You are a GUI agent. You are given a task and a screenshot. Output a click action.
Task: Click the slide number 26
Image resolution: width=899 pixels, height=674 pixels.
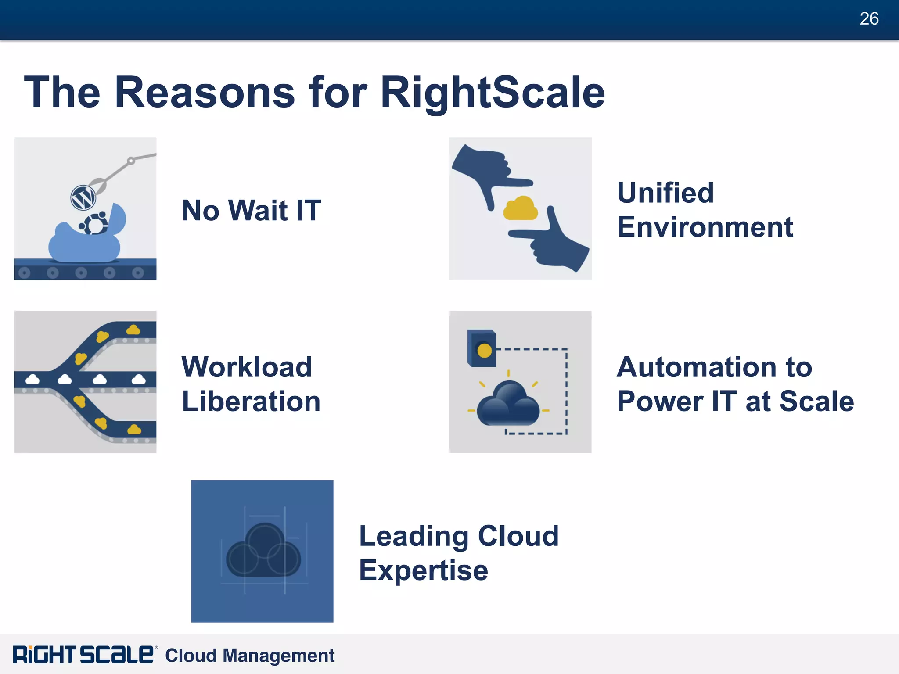click(869, 19)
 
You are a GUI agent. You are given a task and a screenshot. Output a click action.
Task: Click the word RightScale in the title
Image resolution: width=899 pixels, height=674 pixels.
click(493, 92)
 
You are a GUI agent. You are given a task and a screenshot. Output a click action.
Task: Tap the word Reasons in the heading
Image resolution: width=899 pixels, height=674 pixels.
click(205, 92)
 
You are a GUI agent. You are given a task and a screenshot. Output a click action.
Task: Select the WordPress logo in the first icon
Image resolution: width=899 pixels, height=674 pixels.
click(83, 198)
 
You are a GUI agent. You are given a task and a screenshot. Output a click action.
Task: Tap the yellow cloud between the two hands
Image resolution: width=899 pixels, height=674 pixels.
click(520, 208)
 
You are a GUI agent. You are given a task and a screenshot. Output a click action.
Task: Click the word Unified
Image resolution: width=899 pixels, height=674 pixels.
click(665, 193)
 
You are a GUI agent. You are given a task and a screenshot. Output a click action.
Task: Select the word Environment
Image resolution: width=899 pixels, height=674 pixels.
click(705, 227)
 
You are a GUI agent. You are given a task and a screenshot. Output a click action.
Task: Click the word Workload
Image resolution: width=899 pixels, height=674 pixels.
click(247, 367)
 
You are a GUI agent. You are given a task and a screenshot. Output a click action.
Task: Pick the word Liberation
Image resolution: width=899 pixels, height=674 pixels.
click(251, 402)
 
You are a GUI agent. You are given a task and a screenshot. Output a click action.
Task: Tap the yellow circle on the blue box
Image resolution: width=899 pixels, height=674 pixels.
click(484, 351)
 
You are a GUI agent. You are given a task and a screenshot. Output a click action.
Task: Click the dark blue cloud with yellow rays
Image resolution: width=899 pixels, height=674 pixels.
click(508, 404)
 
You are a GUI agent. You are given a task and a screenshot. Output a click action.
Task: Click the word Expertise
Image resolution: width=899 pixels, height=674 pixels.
click(424, 570)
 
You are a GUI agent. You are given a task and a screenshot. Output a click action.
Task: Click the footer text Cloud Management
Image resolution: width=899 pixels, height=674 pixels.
click(250, 656)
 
